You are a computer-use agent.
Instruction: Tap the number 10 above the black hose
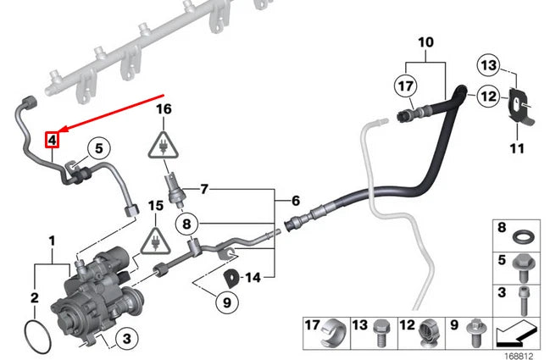(x=425, y=42)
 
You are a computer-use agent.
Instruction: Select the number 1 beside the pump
(x=53, y=241)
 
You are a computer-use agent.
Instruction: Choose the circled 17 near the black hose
(x=406, y=85)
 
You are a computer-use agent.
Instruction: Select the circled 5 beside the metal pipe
(x=98, y=149)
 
